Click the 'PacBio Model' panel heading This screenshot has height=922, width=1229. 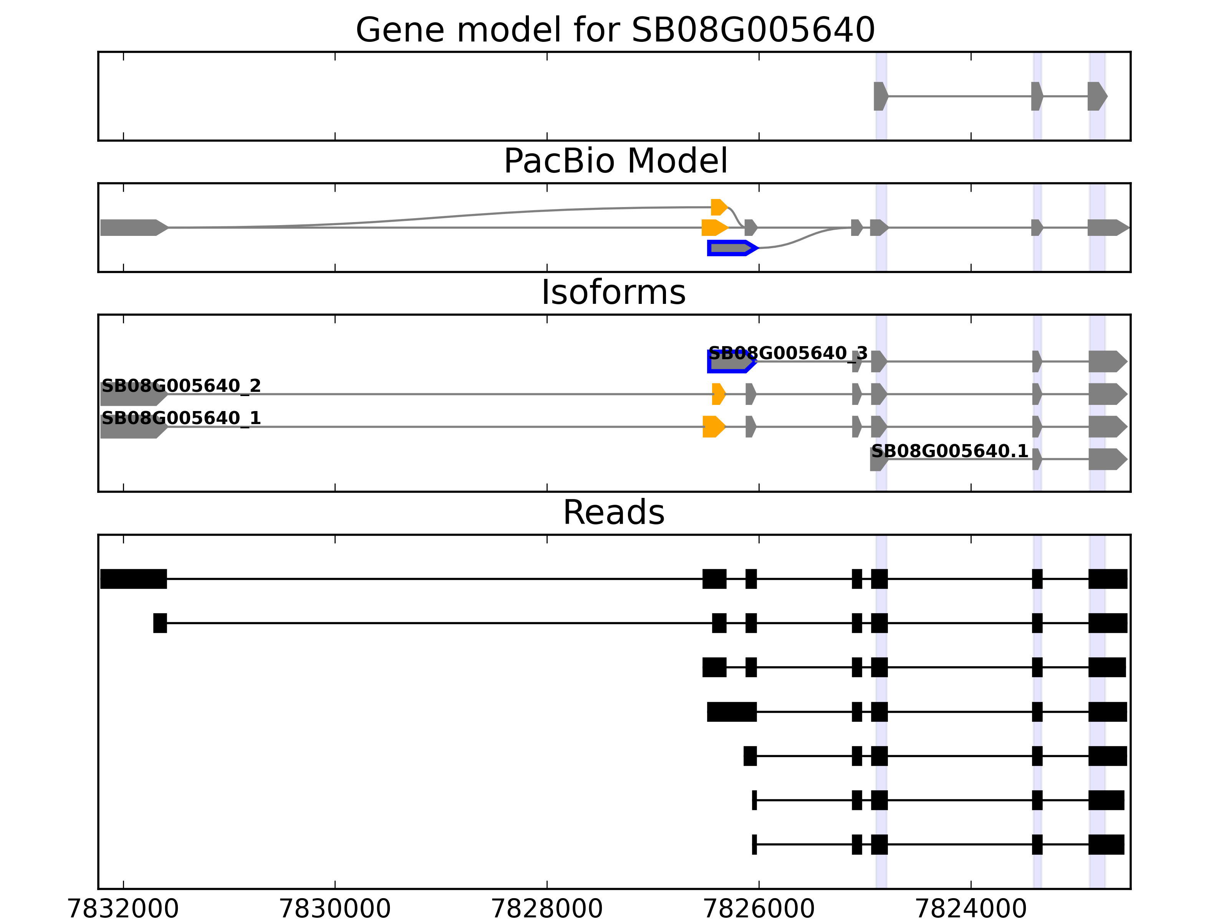point(614,161)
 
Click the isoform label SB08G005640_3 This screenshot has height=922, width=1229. point(787,353)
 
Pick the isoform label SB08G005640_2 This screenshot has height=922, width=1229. point(181,386)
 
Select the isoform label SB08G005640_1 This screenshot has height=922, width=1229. point(181,418)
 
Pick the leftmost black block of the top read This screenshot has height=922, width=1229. point(133,579)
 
